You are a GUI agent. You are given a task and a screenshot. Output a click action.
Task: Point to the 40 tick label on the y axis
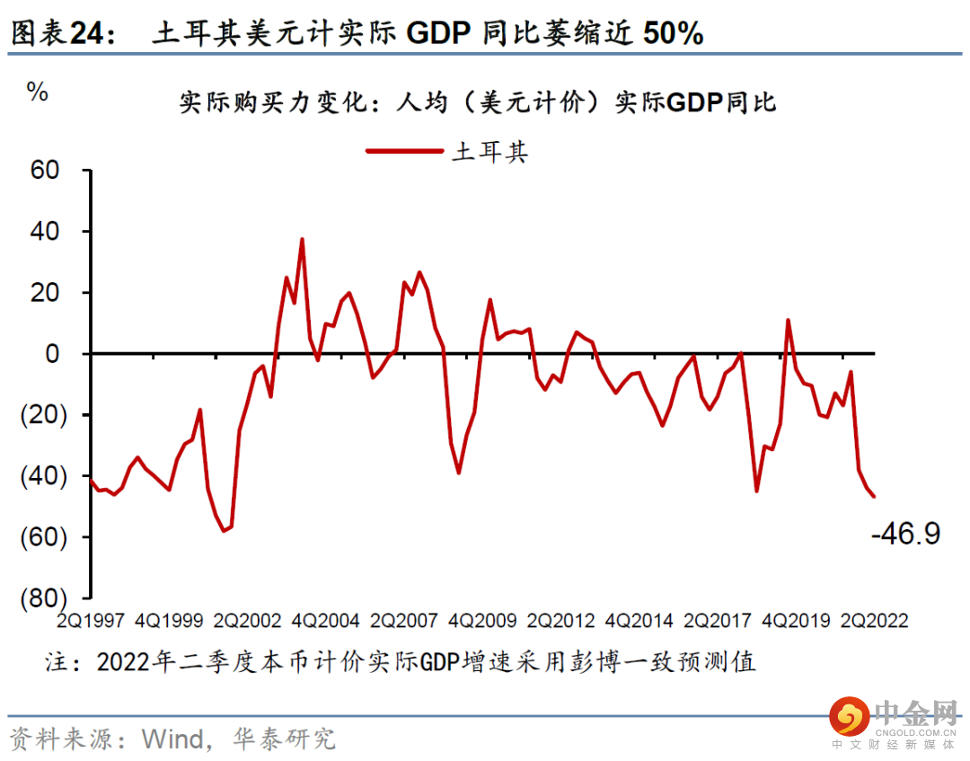point(45,231)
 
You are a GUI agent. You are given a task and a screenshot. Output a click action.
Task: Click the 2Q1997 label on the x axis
point(90,621)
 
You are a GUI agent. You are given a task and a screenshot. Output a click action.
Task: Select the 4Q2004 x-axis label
point(327,621)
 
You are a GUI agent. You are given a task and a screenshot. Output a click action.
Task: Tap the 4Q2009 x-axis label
point(483,621)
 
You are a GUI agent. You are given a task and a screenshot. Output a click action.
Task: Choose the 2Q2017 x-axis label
point(719,621)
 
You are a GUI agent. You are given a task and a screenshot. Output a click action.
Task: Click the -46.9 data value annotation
point(905,534)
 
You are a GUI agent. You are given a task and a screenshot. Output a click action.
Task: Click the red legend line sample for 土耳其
point(404,151)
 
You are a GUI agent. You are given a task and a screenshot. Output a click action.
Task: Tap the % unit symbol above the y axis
point(38,92)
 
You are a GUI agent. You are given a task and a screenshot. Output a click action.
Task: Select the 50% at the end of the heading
point(675,33)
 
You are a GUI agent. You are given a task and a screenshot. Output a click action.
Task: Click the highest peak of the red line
point(302,239)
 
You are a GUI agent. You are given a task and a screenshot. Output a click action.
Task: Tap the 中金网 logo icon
point(849,717)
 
